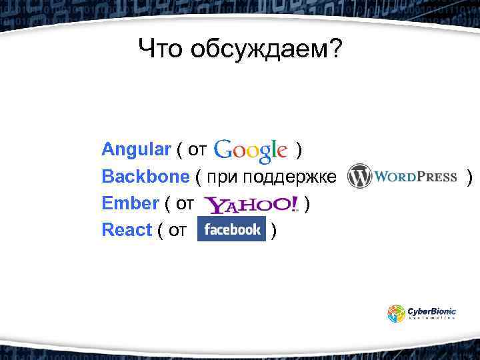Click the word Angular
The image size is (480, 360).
point(136,149)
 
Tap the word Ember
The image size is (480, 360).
point(130,203)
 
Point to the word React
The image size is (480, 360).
point(127,230)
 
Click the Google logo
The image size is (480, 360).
point(251,151)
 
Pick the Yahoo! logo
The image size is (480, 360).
point(251,204)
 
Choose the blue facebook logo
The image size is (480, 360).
point(232,229)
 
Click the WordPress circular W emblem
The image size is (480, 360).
point(359,177)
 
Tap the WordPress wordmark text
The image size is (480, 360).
point(415,177)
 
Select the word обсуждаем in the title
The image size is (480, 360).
point(267,49)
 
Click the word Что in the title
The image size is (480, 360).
point(161,49)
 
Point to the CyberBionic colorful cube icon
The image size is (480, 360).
point(397,313)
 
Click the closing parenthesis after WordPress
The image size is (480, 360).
point(470,177)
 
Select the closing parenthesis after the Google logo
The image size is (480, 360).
point(301,149)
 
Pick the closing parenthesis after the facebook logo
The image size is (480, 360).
point(275,230)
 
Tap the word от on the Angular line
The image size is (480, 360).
point(197,149)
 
